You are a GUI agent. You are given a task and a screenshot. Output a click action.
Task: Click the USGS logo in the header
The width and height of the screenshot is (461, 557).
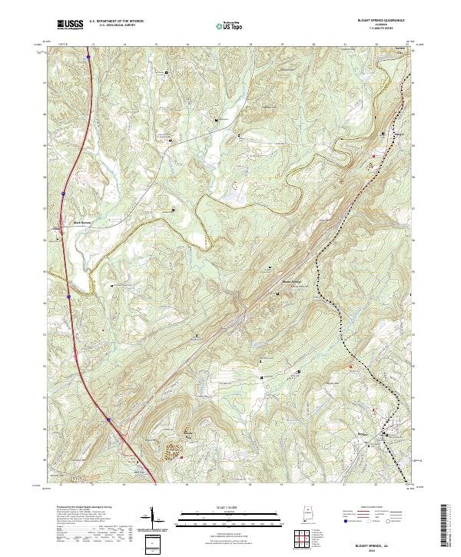tap(70, 25)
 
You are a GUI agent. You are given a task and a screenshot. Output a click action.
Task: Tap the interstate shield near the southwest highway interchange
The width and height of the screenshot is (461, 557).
tap(109, 419)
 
